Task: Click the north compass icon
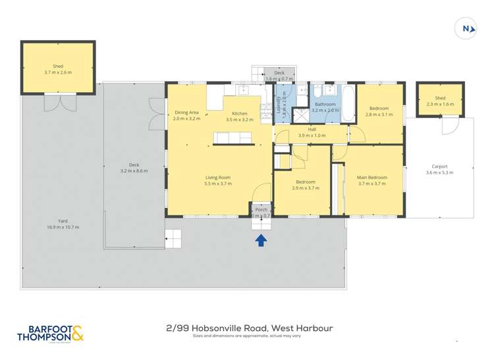[x=466, y=28]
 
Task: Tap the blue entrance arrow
[x=261, y=240]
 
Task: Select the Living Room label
[x=218, y=177]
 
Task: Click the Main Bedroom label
[x=372, y=178]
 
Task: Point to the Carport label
[x=439, y=167]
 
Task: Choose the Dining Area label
[x=186, y=113]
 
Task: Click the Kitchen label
[x=239, y=113]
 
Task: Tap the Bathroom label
[x=325, y=105]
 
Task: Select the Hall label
[x=312, y=129]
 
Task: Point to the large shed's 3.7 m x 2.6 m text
[x=58, y=72]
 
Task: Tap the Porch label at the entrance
[x=261, y=210]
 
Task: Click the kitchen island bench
[x=233, y=138]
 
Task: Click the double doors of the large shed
[x=59, y=103]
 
